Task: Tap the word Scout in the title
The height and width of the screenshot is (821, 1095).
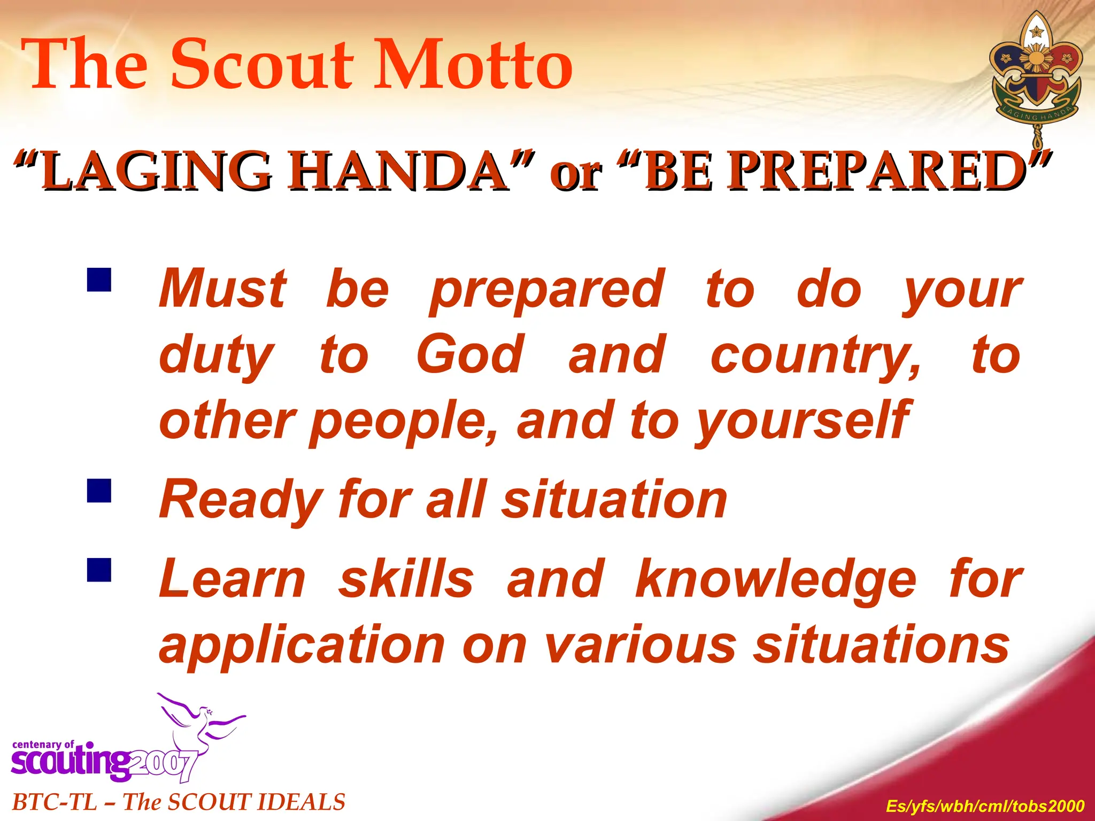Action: (x=262, y=65)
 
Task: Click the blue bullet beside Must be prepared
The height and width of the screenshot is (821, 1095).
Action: (x=99, y=280)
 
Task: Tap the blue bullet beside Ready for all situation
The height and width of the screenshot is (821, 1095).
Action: (x=99, y=490)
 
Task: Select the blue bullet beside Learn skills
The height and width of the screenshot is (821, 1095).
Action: (x=99, y=569)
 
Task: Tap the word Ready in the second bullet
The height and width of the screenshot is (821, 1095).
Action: (x=240, y=500)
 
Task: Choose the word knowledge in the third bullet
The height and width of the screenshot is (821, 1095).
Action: (x=776, y=580)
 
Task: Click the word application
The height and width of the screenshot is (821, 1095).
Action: (x=302, y=646)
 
